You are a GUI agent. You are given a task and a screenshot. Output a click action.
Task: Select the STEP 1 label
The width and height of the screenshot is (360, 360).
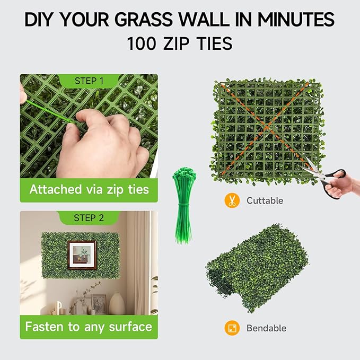89,81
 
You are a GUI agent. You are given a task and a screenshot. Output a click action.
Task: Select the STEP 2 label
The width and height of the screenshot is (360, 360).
89,218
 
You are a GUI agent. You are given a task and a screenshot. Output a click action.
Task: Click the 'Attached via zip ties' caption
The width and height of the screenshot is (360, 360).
89,189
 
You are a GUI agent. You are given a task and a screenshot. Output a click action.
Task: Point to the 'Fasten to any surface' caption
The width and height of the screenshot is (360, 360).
89,326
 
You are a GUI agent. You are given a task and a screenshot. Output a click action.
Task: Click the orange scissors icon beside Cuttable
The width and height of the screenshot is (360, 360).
231,200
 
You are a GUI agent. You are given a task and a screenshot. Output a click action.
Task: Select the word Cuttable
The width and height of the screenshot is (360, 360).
265,201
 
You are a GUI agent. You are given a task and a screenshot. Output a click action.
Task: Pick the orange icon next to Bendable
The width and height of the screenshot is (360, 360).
231,328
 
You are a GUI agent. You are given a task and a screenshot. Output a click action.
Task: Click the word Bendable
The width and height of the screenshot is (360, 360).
266,328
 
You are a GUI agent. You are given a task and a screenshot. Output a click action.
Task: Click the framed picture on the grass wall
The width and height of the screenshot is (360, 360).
82,256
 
